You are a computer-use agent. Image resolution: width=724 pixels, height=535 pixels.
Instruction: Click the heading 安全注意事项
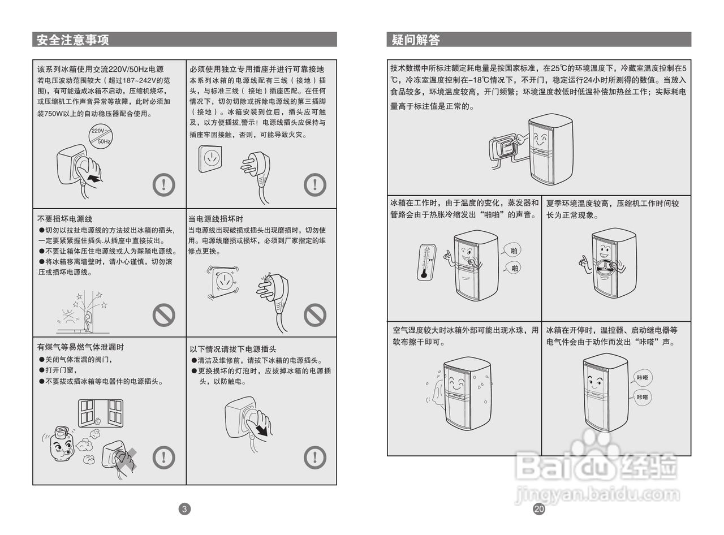tap(73, 40)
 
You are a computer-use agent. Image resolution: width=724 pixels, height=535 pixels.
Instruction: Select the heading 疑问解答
tap(416, 40)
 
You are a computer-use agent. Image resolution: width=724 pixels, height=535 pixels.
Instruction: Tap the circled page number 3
tap(184, 509)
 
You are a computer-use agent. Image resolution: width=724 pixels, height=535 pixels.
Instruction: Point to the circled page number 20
tap(538, 509)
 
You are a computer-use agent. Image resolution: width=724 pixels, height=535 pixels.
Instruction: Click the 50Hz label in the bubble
tap(104, 141)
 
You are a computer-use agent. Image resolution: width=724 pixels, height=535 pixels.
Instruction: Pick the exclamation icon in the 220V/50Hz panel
tap(164, 184)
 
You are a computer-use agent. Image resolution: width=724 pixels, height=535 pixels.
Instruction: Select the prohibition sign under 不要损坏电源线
tap(164, 315)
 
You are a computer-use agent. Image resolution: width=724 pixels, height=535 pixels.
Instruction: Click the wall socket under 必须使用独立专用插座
tap(210, 159)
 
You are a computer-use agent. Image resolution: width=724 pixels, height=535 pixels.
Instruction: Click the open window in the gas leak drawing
tap(101, 412)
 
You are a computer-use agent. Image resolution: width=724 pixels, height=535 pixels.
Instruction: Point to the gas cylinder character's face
tap(60, 447)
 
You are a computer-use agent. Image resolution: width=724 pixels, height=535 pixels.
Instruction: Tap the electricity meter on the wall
tap(505, 148)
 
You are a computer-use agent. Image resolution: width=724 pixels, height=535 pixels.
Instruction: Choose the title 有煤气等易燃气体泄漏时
tap(80, 347)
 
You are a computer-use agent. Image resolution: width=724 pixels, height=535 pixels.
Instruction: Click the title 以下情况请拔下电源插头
tap(232, 349)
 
